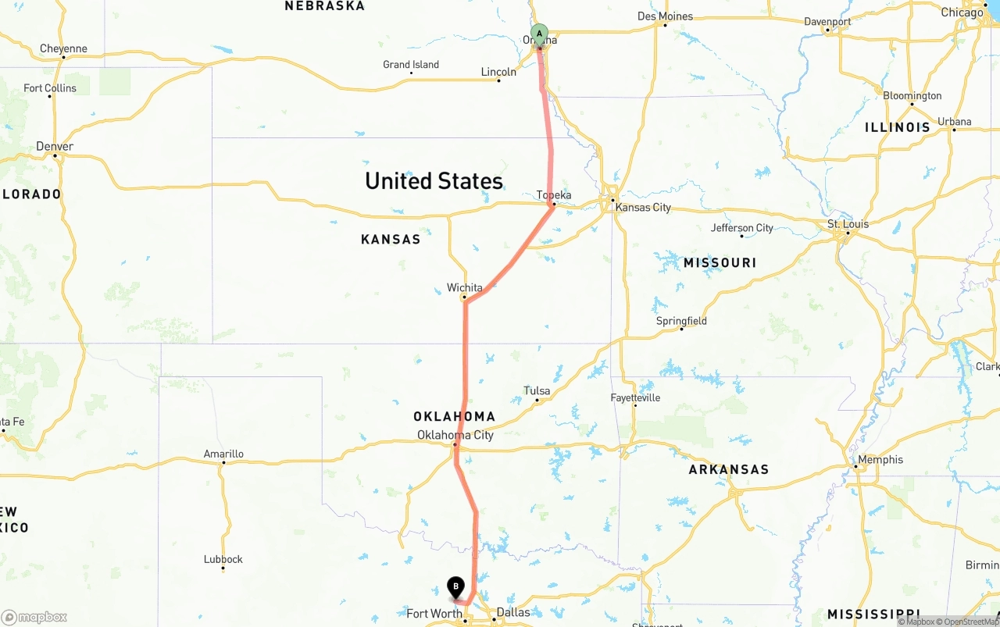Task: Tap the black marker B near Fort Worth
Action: pos(455,586)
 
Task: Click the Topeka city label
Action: pos(554,195)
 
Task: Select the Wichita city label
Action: pos(465,288)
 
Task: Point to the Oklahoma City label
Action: pos(455,435)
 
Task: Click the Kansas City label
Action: pos(643,208)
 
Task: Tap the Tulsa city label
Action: pos(537,390)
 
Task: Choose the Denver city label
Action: pos(55,147)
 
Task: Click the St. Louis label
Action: pos(848,224)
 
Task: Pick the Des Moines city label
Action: pos(665,16)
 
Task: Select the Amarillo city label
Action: pos(223,454)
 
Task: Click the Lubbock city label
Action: pos(223,559)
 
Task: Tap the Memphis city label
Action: pos(880,460)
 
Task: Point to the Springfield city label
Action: pos(681,321)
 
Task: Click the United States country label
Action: pos(434,181)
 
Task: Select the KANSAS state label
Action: pos(391,240)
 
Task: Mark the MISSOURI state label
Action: pos(720,263)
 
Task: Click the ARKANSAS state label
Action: pos(728,470)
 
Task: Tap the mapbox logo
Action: pos(34,617)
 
